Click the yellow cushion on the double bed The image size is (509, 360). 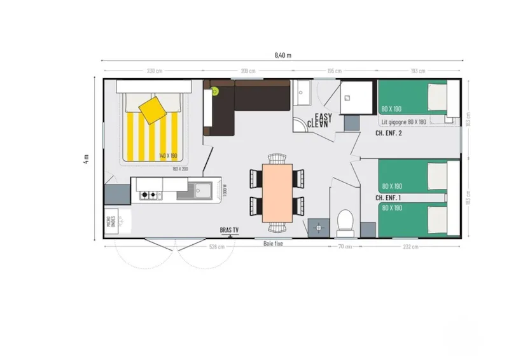point(153,109)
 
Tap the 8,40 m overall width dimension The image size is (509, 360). point(282,55)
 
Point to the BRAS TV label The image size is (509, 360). point(230,230)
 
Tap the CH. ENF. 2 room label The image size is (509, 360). point(389,134)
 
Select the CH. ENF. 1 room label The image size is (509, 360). point(388,198)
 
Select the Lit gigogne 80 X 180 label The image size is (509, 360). point(403,121)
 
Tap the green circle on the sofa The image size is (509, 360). point(215,91)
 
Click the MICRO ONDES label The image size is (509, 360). point(110,222)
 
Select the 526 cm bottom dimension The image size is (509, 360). point(217,247)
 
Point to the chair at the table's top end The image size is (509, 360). point(277,158)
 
